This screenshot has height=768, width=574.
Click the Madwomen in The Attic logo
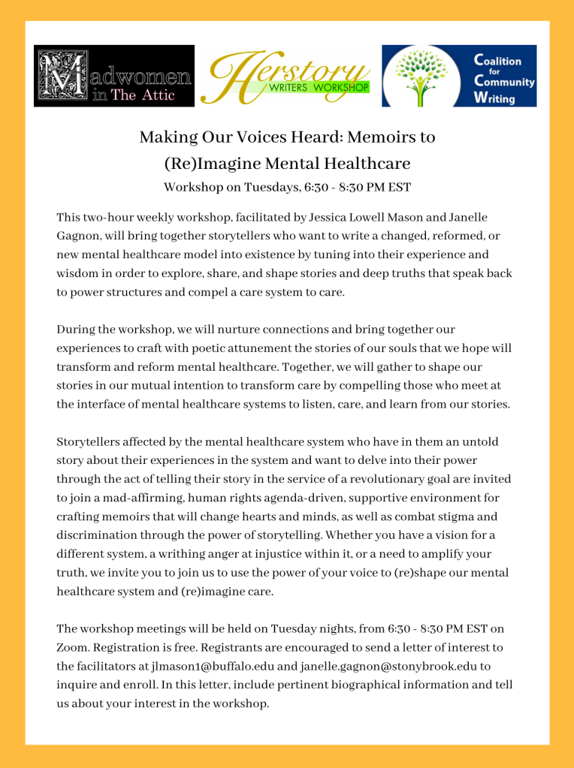point(114,76)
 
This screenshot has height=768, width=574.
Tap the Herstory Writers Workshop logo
point(289,77)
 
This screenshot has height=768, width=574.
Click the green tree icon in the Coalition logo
point(425,77)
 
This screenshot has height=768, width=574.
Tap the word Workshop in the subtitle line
point(194,187)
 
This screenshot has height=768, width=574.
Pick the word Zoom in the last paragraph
point(71,646)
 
